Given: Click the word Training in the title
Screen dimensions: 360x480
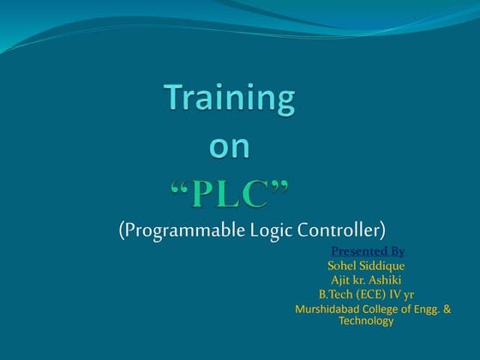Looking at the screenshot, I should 230,100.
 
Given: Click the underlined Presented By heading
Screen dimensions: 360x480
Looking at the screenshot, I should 367,251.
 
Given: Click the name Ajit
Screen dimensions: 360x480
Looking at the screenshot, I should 342,280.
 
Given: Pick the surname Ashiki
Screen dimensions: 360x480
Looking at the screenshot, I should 387,280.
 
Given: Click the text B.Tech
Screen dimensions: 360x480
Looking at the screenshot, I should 336,295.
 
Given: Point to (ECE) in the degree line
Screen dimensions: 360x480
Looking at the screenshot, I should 371,295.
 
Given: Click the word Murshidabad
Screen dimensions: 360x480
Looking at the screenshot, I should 327,309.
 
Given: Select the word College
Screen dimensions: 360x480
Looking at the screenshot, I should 383,309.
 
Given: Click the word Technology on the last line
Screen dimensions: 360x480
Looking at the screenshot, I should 366,321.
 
